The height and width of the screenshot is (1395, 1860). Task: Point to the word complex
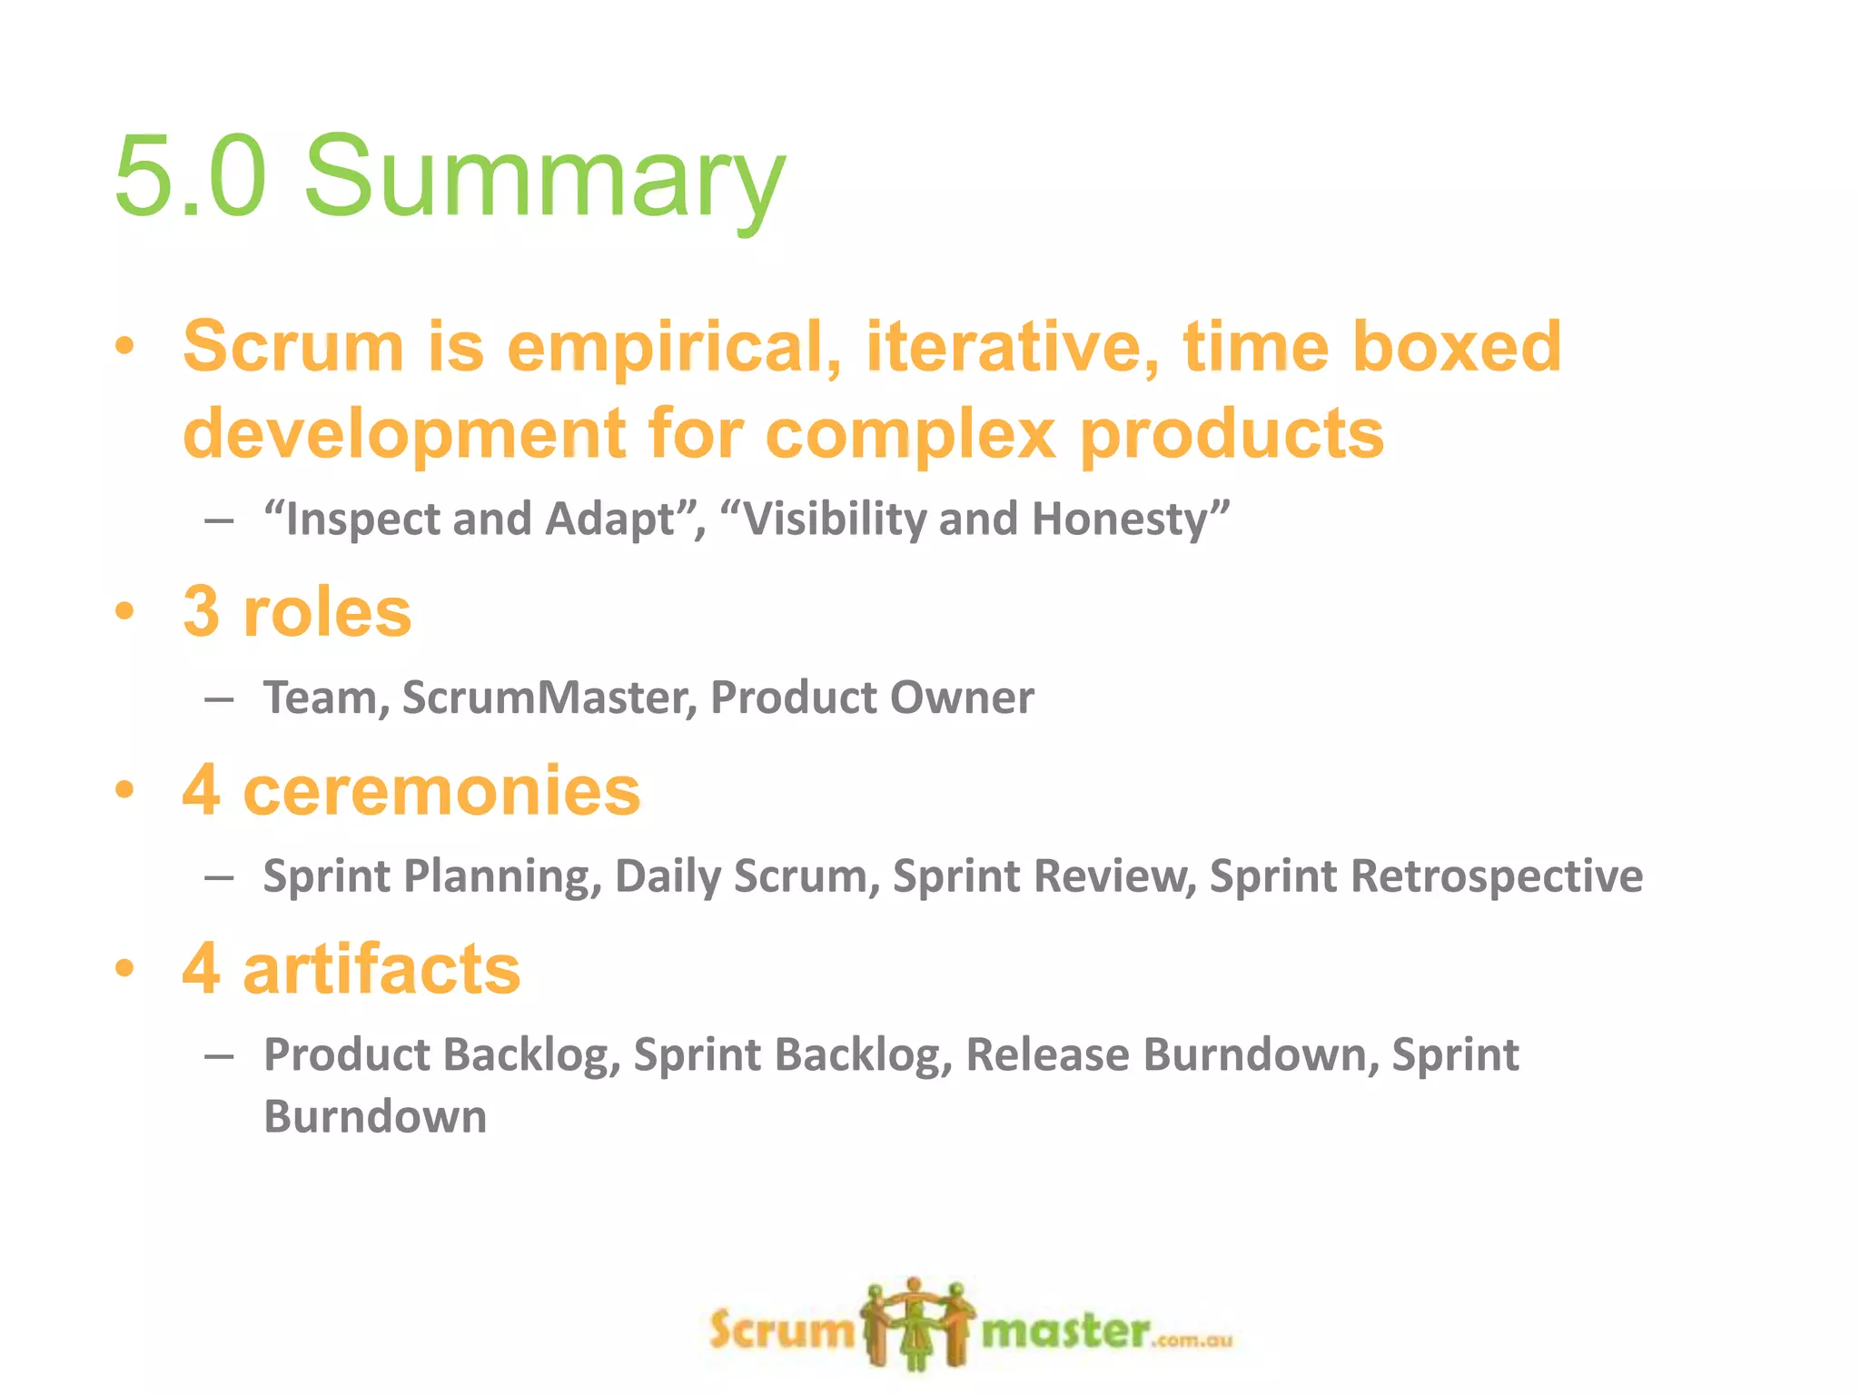pyautogui.click(x=910, y=433)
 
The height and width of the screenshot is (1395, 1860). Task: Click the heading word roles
pyautogui.click(x=327, y=612)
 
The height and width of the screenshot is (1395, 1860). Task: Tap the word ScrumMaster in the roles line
pyautogui.click(x=549, y=697)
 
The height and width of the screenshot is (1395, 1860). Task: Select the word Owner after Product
pyautogui.click(x=962, y=697)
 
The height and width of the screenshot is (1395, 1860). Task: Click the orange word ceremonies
pyautogui.click(x=441, y=790)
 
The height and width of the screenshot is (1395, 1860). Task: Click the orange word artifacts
pyautogui.click(x=381, y=969)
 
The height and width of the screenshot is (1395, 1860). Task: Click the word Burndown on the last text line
pyautogui.click(x=374, y=1116)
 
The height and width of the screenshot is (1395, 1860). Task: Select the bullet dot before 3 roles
pyautogui.click(x=124, y=611)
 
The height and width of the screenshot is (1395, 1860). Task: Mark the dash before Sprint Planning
pyautogui.click(x=219, y=878)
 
